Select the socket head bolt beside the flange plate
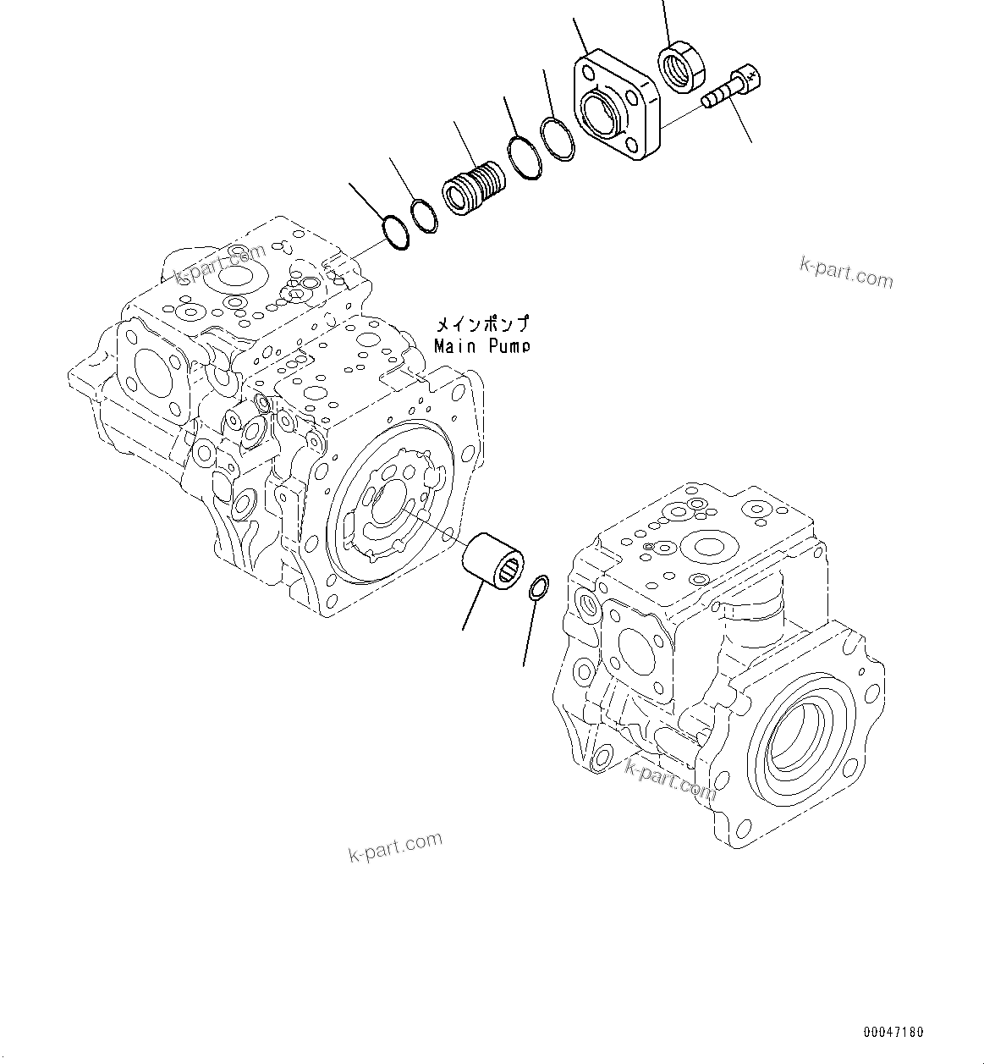click(x=733, y=88)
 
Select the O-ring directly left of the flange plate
click(x=558, y=139)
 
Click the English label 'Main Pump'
click(x=482, y=346)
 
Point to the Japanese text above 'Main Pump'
click(x=482, y=324)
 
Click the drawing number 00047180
click(x=893, y=1032)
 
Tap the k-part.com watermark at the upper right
click(x=846, y=272)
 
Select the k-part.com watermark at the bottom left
click(x=395, y=846)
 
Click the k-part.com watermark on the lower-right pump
click(x=670, y=779)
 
